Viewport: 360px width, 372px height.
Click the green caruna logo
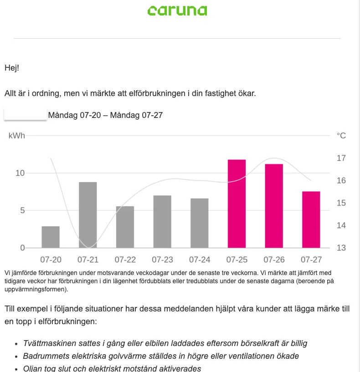177,10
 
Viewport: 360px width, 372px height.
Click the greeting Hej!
12,68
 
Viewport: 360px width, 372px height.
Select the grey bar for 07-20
51,237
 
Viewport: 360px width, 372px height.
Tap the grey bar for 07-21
88,215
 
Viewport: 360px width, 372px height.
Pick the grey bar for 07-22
125,227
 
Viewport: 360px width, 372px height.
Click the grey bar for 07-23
162,222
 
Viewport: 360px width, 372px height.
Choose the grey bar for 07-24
200,223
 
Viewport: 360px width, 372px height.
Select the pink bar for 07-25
237,204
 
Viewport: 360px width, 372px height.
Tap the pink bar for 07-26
274,206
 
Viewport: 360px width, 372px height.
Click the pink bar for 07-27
311,219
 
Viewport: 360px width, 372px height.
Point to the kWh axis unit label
16,136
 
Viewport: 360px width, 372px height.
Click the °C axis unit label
341,136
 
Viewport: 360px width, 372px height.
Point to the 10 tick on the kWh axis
20,173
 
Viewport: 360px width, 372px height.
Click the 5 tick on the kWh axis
23,210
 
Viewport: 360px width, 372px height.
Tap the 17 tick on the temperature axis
341,158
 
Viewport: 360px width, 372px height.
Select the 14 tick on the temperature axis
341,225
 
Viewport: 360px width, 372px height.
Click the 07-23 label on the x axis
162,260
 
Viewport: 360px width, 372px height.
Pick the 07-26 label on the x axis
274,260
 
